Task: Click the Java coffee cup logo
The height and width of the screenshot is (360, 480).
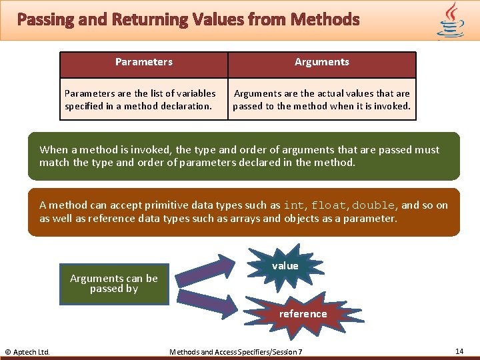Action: [451, 19]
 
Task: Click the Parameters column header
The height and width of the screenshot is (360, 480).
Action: [144, 62]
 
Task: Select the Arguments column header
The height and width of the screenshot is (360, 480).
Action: [322, 62]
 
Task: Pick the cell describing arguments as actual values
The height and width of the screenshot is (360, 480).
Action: [322, 99]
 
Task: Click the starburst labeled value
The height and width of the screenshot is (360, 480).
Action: [285, 266]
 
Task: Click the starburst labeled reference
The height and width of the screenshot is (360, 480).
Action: [303, 314]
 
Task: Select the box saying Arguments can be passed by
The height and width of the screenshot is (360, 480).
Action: [114, 284]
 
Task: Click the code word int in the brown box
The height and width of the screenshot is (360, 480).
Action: [293, 206]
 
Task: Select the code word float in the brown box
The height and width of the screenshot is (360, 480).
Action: [329, 206]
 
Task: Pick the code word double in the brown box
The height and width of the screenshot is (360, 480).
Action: [374, 206]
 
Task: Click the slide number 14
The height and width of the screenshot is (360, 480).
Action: [459, 351]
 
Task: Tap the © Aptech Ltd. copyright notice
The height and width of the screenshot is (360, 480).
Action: [27, 351]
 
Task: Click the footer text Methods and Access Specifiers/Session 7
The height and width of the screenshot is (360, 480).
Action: [236, 351]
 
